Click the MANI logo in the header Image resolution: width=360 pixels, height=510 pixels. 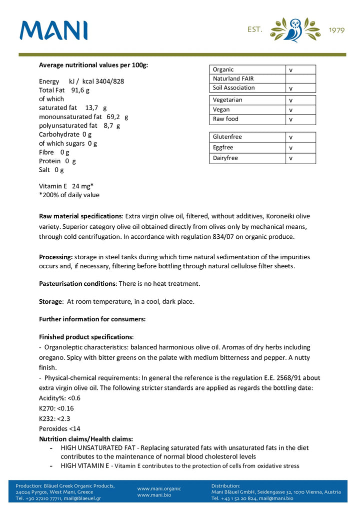tap(53, 31)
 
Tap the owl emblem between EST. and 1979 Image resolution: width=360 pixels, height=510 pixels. tap(295, 30)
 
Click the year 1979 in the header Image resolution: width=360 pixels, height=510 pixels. tap(336, 30)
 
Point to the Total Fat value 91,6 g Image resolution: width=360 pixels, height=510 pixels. tap(80, 90)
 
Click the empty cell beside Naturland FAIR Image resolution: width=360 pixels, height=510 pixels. tap(300, 79)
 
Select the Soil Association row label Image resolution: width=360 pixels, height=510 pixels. tap(233, 88)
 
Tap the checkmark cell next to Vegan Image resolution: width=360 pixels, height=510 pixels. tap(300, 110)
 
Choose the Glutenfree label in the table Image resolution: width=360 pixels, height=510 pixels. tap(227, 137)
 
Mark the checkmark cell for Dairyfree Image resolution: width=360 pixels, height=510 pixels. tap(300, 158)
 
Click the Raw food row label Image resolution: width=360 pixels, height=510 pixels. tap(225, 119)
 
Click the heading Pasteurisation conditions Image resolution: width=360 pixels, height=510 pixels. tap(77, 283)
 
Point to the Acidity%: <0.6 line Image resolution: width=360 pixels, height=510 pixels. tap(59, 398)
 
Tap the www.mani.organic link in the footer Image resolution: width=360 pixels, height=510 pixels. tap(159, 488)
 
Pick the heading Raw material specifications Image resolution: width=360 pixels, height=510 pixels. tap(80, 216)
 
